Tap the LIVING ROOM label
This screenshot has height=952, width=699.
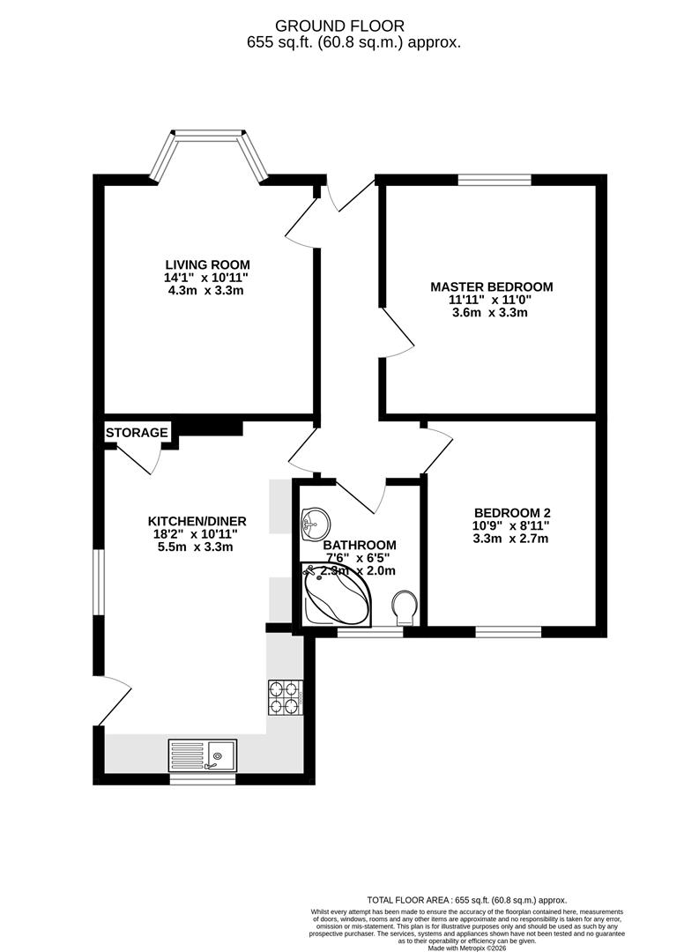pyautogui.click(x=208, y=264)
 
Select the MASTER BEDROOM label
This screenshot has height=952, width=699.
pyautogui.click(x=491, y=286)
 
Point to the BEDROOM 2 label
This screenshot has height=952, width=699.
pyautogui.click(x=512, y=513)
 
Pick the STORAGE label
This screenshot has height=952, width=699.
pyautogui.click(x=137, y=433)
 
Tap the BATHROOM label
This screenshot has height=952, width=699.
pyautogui.click(x=360, y=546)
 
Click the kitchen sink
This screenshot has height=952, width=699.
pyautogui.click(x=203, y=755)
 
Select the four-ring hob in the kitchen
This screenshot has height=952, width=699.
pyautogui.click(x=285, y=697)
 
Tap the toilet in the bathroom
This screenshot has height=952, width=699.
pyautogui.click(x=406, y=606)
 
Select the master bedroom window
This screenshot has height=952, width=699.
pyautogui.click(x=495, y=180)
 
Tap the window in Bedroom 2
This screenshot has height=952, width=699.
pyautogui.click(x=509, y=630)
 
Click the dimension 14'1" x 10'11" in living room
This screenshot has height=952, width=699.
pyautogui.click(x=208, y=278)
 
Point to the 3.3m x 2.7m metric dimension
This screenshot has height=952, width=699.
pyautogui.click(x=512, y=539)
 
